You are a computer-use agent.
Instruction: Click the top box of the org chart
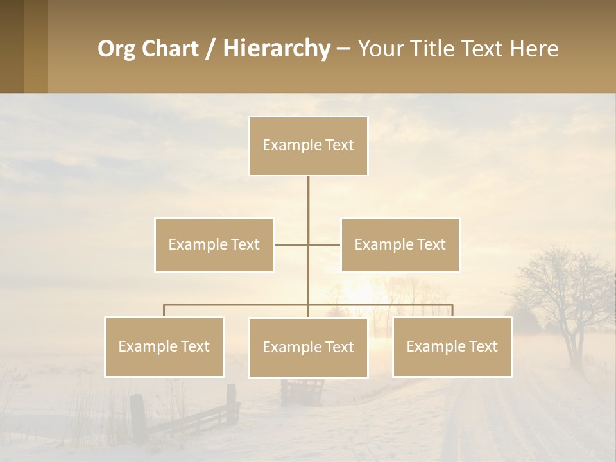pos(308,146)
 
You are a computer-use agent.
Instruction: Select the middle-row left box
pos(214,244)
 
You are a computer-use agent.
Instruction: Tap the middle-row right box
pos(400,244)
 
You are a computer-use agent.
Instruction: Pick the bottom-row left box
pos(164,346)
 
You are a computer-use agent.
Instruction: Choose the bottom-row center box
pos(308,347)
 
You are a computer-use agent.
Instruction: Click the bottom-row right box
pos(452,346)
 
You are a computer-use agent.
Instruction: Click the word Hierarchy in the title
pos(277,49)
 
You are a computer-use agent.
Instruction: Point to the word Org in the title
pos(117,49)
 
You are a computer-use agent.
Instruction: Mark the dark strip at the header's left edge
pos(12,46)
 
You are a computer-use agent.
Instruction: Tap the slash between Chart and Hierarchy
pos(210,49)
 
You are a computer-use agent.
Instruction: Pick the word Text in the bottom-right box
pos(483,346)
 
